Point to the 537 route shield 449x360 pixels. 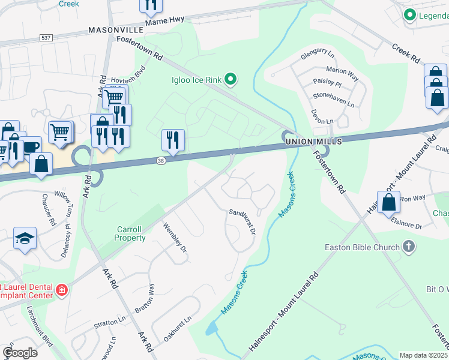click(x=46, y=37)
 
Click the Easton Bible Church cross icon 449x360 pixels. click(x=408, y=247)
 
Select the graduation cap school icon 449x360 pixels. click(x=25, y=238)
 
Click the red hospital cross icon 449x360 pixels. click(x=61, y=291)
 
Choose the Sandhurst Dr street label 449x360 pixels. click(x=243, y=221)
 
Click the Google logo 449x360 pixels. click(x=20, y=353)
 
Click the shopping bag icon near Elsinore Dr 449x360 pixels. click(x=388, y=202)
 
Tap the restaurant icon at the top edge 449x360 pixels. click(x=151, y=5)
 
